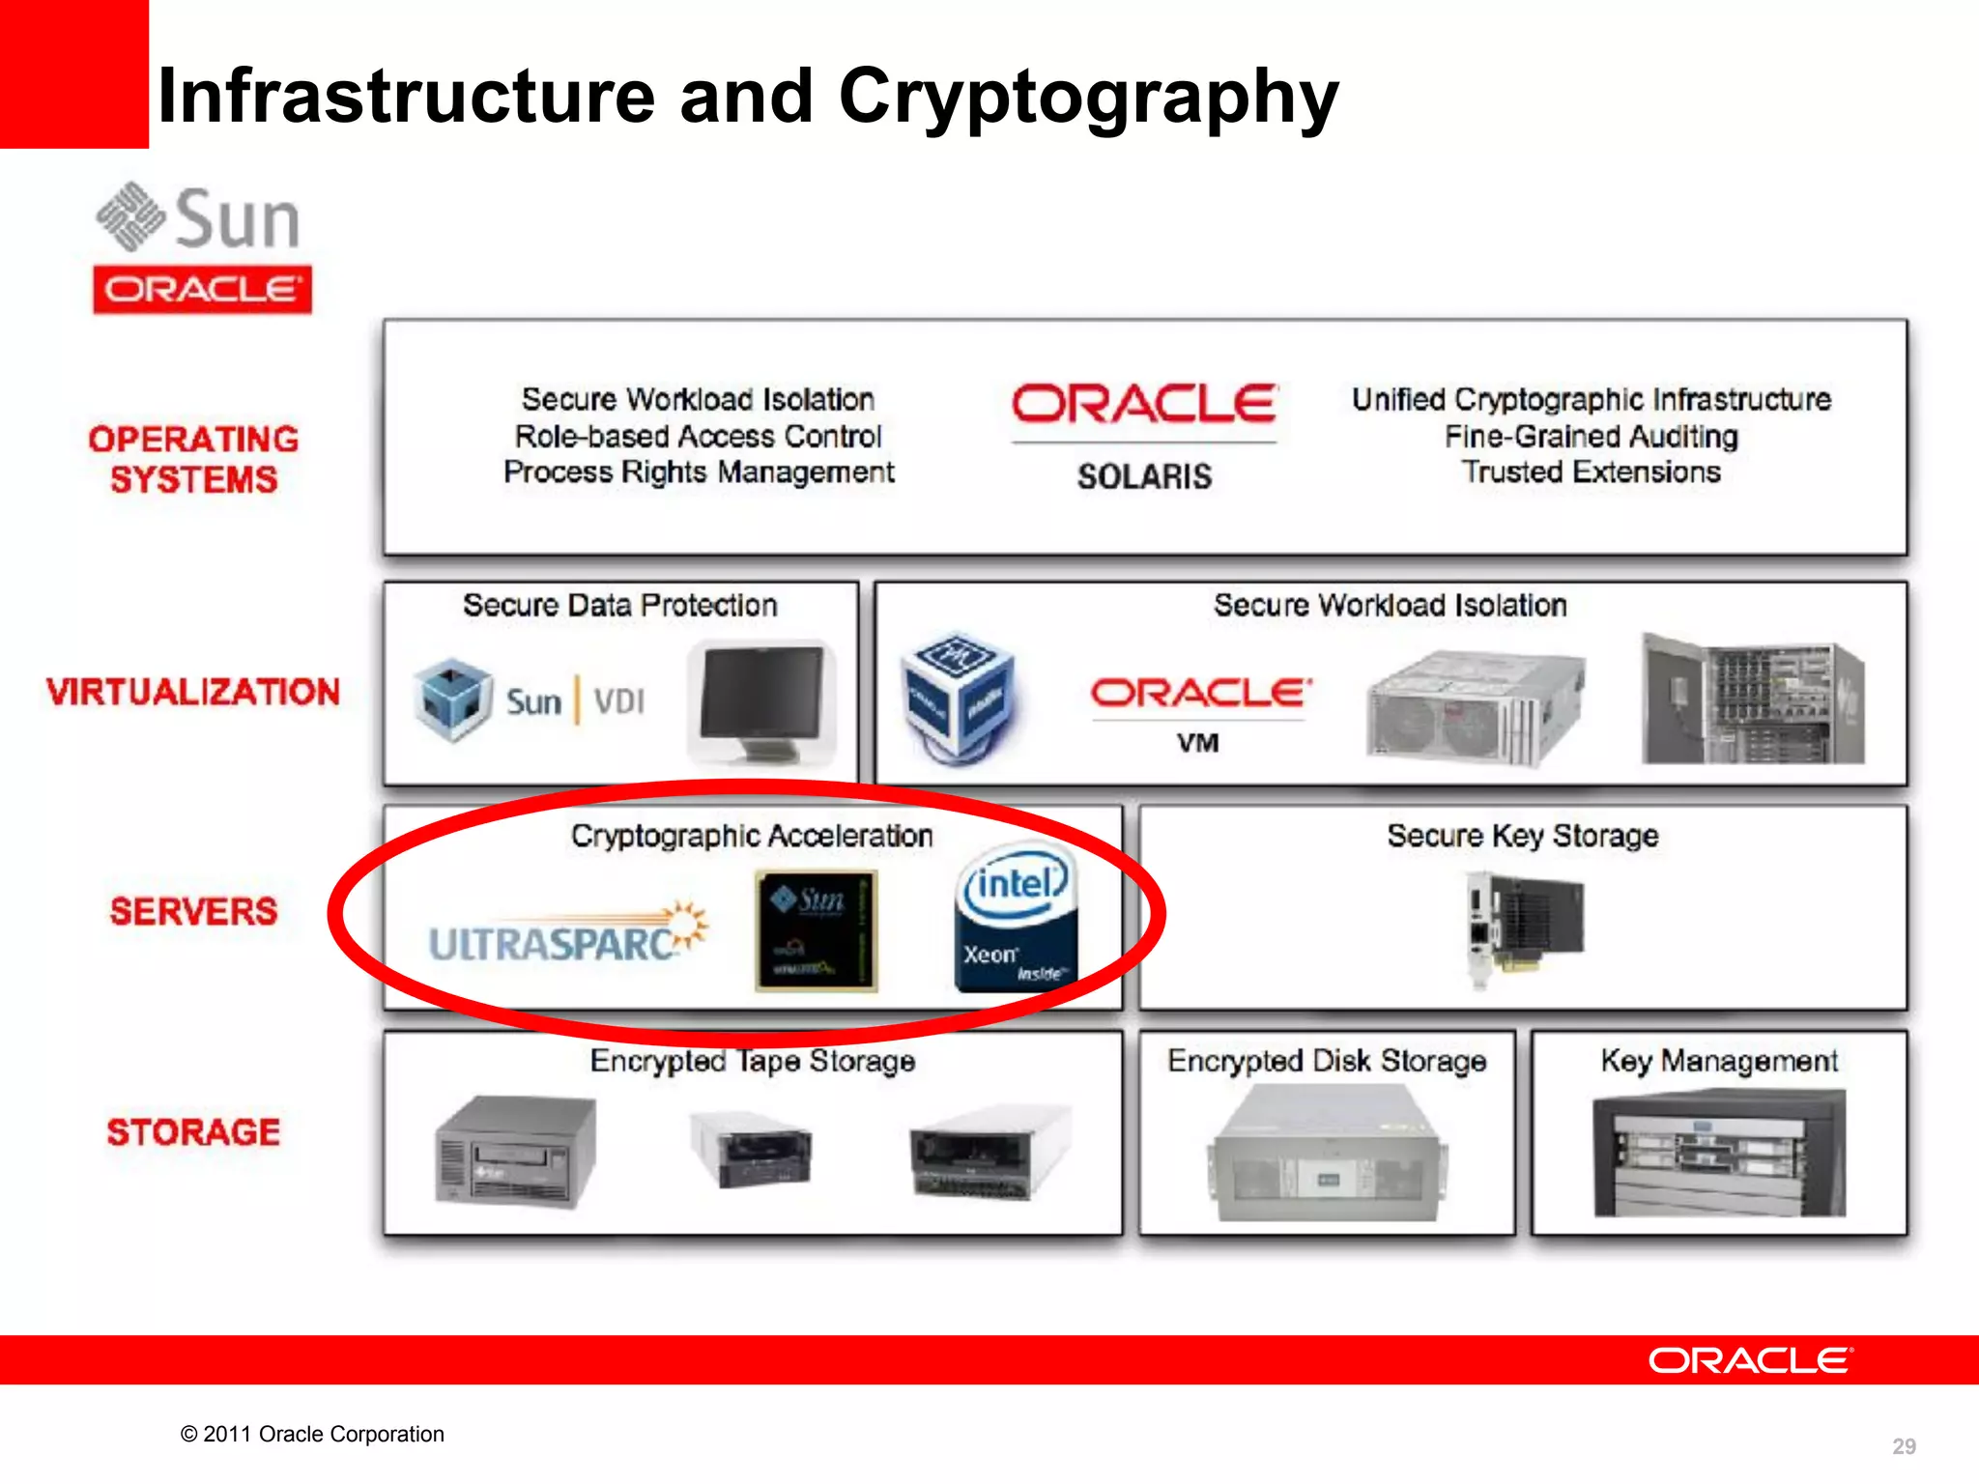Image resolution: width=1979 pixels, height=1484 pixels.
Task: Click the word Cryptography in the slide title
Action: [1088, 97]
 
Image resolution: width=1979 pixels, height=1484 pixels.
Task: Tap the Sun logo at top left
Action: [199, 217]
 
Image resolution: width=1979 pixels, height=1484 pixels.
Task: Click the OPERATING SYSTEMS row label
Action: [193, 459]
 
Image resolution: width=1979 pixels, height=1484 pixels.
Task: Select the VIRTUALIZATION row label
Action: [193, 692]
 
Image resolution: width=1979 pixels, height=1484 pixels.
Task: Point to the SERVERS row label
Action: [193, 911]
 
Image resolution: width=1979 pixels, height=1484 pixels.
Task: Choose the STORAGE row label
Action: [193, 1131]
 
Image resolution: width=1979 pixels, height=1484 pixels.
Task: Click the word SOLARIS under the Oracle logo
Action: [1144, 476]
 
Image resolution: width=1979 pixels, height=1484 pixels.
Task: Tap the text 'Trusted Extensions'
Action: [1591, 471]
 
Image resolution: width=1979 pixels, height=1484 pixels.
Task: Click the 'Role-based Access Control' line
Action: [698, 436]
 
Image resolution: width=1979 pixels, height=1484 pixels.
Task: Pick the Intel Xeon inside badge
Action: [1015, 918]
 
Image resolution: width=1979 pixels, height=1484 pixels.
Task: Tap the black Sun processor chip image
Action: [817, 930]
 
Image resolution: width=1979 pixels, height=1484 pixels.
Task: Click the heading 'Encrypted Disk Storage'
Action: [1327, 1061]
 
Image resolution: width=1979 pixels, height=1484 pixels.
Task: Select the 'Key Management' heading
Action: [1719, 1061]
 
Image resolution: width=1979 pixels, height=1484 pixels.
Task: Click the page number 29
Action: [1904, 1446]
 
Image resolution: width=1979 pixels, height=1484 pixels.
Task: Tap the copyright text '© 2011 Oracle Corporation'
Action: [312, 1434]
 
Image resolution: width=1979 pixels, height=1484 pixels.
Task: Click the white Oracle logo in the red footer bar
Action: [1750, 1360]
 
